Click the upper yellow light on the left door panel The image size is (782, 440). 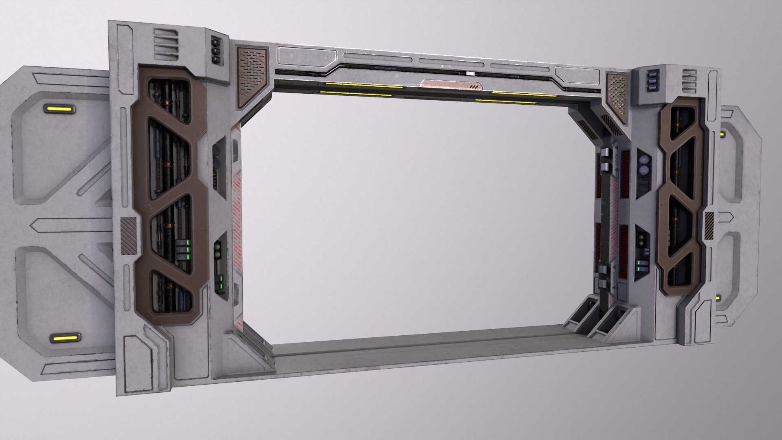pos(59,109)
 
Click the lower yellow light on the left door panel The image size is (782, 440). pos(65,338)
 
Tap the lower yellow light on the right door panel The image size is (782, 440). pos(718,298)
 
